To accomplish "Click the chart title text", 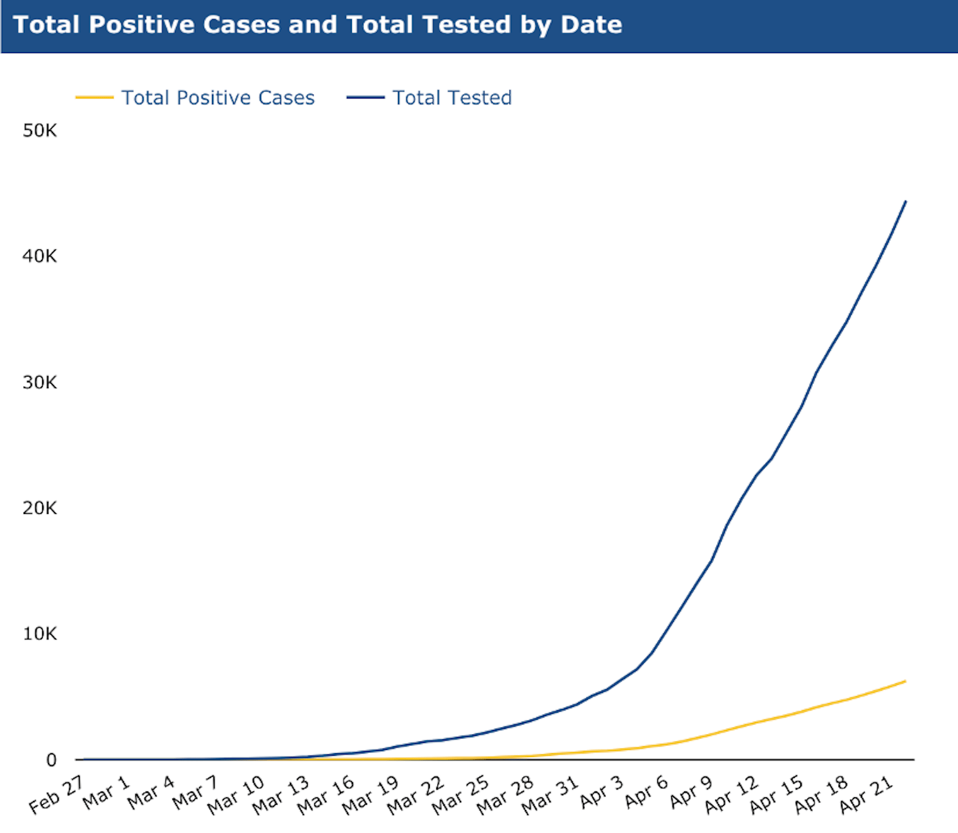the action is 317,25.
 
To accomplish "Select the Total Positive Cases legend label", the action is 218,98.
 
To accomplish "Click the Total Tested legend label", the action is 452,98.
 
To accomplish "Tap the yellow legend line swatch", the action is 95,97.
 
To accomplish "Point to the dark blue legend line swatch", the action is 366,97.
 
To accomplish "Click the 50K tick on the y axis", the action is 40,130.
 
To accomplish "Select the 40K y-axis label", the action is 40,256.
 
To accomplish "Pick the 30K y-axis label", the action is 40,383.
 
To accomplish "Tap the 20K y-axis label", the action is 40,508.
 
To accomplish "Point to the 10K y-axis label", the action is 40,634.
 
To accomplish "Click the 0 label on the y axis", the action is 52,759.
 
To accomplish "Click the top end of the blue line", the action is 906,201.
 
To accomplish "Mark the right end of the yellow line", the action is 906,681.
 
